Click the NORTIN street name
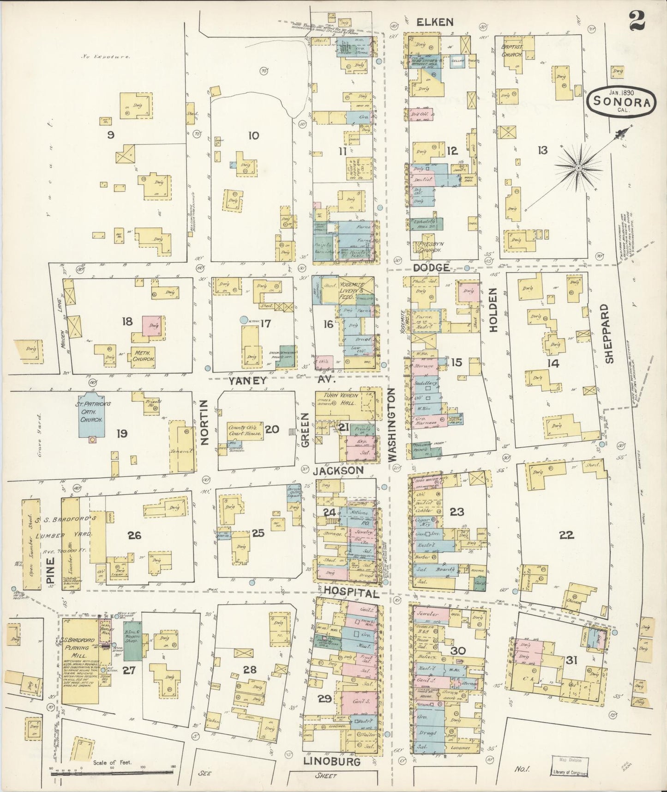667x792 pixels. [x=205, y=422]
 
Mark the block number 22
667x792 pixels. [x=566, y=535]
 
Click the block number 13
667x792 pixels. [x=542, y=150]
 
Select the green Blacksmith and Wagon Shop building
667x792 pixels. [x=132, y=645]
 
